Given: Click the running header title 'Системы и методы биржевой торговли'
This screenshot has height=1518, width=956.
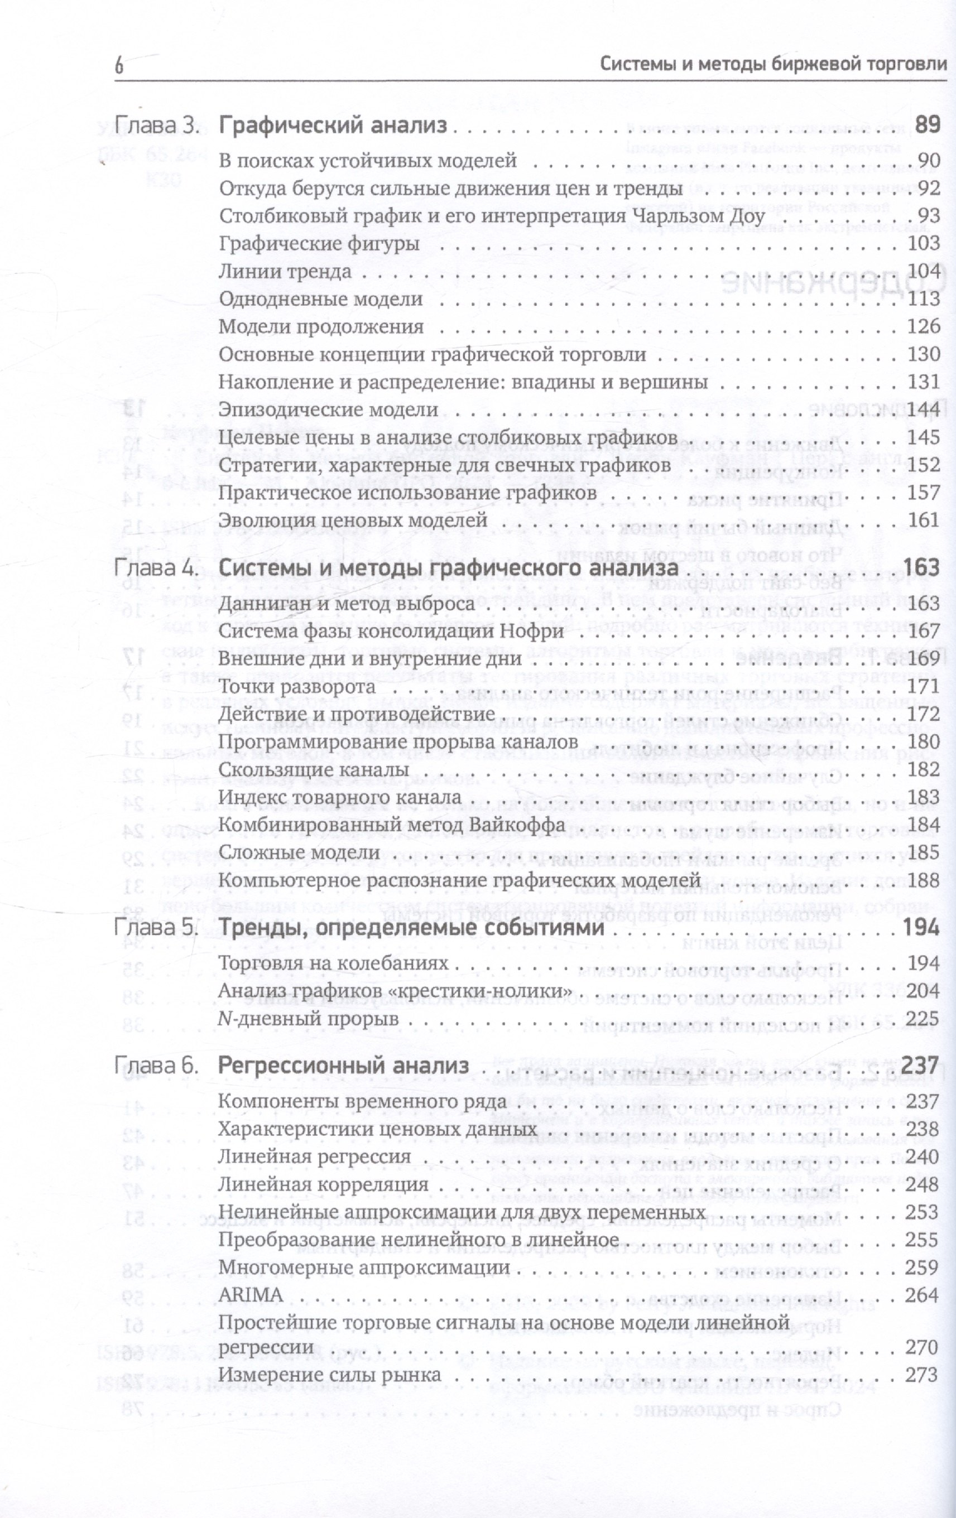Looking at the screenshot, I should click(x=773, y=63).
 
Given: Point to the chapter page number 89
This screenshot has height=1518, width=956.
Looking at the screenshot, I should click(x=927, y=125).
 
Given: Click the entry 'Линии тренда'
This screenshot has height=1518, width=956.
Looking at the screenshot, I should click(x=285, y=271).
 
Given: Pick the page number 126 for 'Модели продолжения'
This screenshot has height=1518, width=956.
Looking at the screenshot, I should click(x=924, y=326).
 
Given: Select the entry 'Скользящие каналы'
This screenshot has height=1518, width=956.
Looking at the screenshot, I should click(x=314, y=769).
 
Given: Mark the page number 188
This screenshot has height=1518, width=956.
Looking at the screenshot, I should click(x=924, y=880).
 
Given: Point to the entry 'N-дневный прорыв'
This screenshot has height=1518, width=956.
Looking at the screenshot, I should click(x=309, y=1019).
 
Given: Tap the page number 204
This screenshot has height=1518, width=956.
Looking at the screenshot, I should click(x=923, y=991).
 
